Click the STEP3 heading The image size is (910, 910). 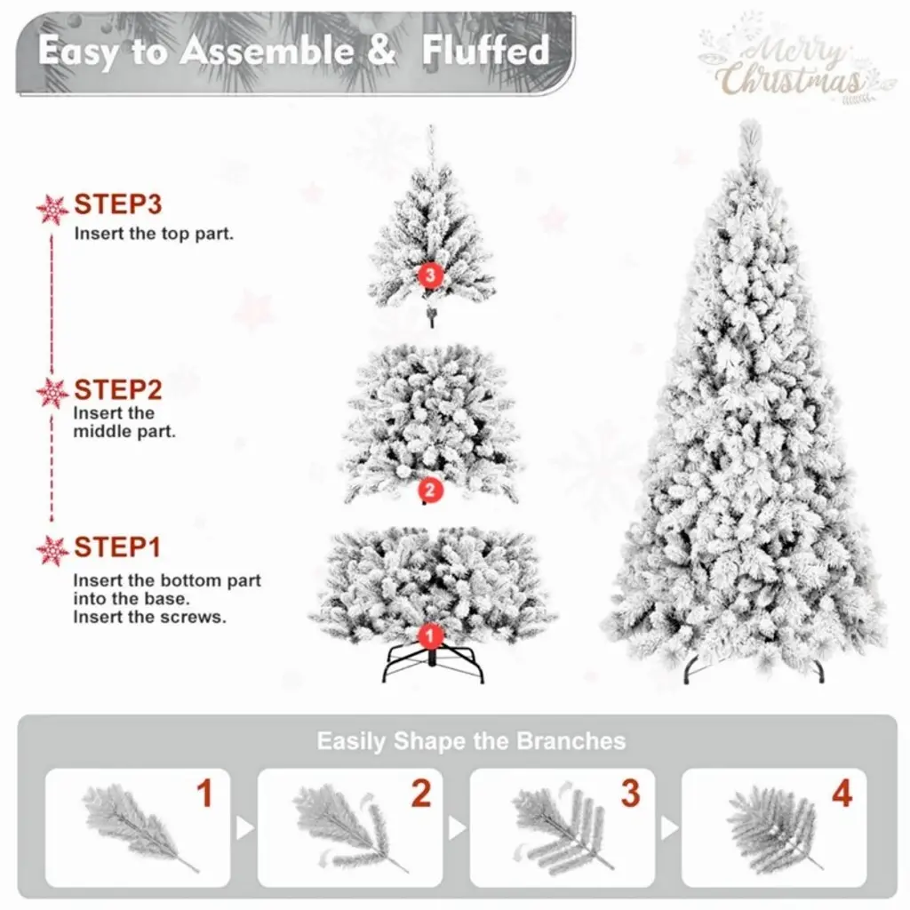(x=118, y=204)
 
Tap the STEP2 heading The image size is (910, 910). (x=118, y=390)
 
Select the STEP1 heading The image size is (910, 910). (x=117, y=547)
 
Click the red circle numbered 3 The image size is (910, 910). (x=430, y=275)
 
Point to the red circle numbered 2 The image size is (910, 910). (x=430, y=491)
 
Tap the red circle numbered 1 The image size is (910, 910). (x=430, y=636)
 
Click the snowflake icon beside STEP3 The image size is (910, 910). (x=52, y=209)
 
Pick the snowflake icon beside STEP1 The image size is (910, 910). (x=52, y=550)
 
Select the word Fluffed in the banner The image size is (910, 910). (x=485, y=51)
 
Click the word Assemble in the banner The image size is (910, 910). (x=267, y=51)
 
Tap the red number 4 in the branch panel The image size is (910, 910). (x=842, y=793)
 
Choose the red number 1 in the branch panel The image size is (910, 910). (x=205, y=793)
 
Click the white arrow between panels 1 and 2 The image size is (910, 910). (x=244, y=828)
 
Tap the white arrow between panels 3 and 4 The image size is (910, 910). (x=669, y=828)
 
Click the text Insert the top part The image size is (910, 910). (x=154, y=234)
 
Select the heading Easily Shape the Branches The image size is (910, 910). (x=471, y=741)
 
